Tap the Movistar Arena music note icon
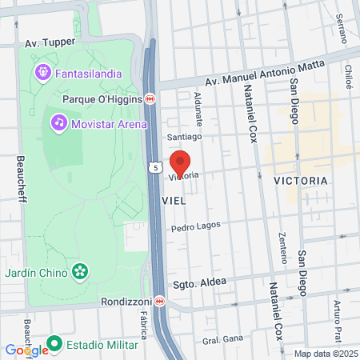pyautogui.click(x=58, y=123)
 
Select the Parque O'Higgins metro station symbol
pyautogui.click(x=150, y=99)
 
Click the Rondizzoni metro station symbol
pyautogui.click(x=160, y=302)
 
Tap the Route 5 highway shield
pyautogui.click(x=154, y=167)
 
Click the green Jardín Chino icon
pyautogui.click(x=80, y=270)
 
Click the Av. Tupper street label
pyautogui.click(x=50, y=42)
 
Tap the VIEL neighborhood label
pyautogui.click(x=174, y=201)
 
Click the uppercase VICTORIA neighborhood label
pyautogui.click(x=300, y=181)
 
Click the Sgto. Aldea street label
pyautogui.click(x=200, y=283)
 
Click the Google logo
pyautogui.click(x=26, y=350)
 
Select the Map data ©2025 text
pyautogui.click(x=324, y=354)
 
